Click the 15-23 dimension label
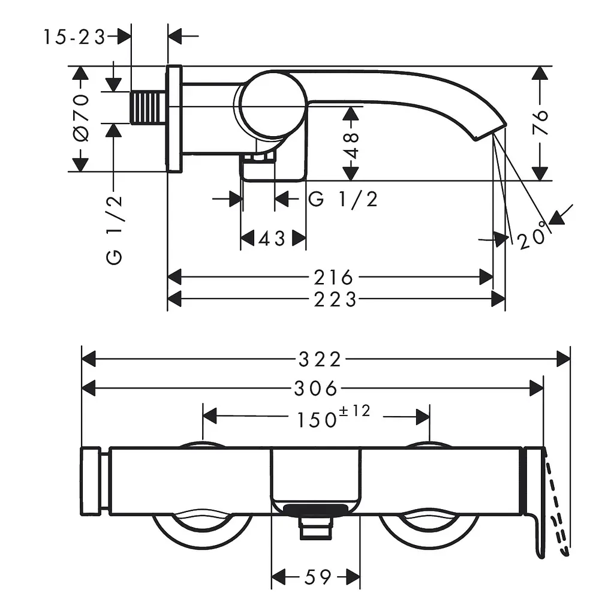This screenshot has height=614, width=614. (74, 37)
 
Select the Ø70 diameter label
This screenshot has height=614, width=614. (81, 118)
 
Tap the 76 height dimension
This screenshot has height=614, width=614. (540, 122)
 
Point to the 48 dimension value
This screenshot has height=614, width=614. (351, 146)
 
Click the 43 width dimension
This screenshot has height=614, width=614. (272, 238)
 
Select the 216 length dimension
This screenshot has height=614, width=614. (333, 278)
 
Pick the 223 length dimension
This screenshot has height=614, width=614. (335, 300)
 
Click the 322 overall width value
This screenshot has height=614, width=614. (320, 359)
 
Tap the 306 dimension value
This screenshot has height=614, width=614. (315, 389)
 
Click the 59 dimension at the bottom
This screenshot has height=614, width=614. (318, 577)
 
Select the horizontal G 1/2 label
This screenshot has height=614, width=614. (343, 199)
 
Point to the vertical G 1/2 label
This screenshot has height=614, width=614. (115, 230)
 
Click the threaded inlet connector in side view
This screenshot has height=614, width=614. (148, 107)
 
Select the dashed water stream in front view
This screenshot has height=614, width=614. (557, 509)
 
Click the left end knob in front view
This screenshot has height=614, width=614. (90, 481)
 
